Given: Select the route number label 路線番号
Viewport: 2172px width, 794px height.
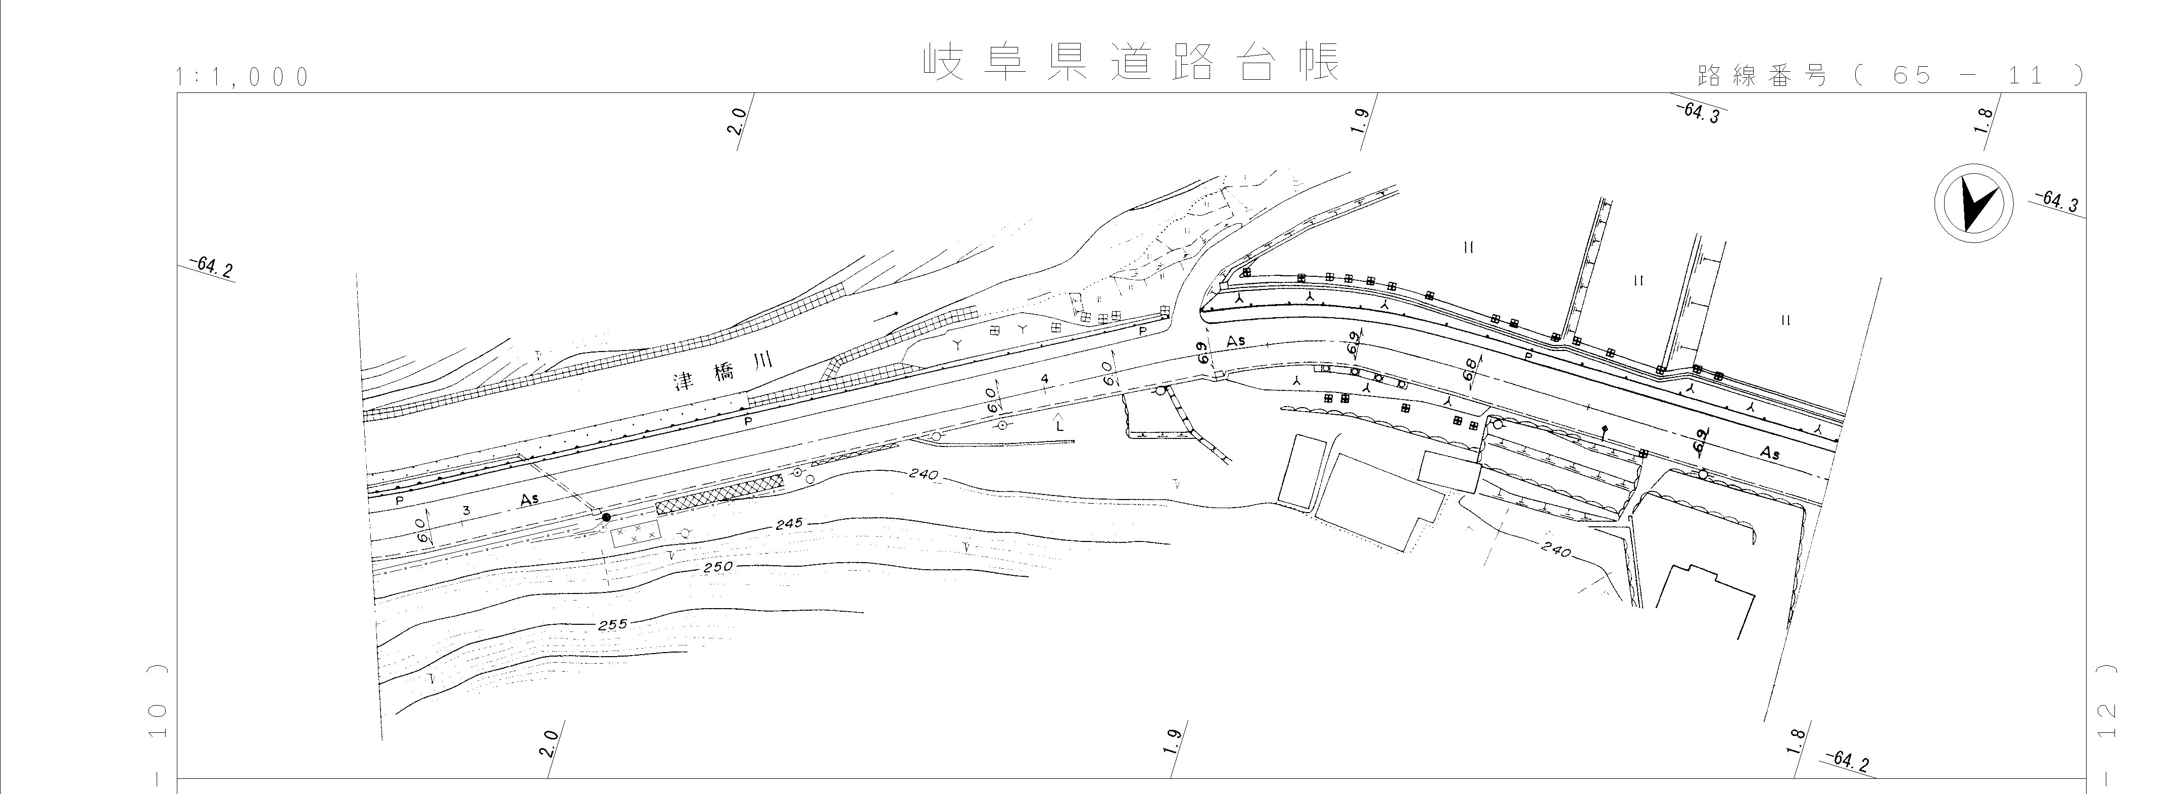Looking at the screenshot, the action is click(1761, 76).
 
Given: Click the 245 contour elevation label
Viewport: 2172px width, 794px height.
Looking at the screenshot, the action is click(788, 523).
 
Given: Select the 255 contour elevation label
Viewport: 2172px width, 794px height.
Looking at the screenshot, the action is click(613, 625).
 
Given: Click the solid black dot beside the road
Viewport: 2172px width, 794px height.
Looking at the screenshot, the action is click(605, 517).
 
